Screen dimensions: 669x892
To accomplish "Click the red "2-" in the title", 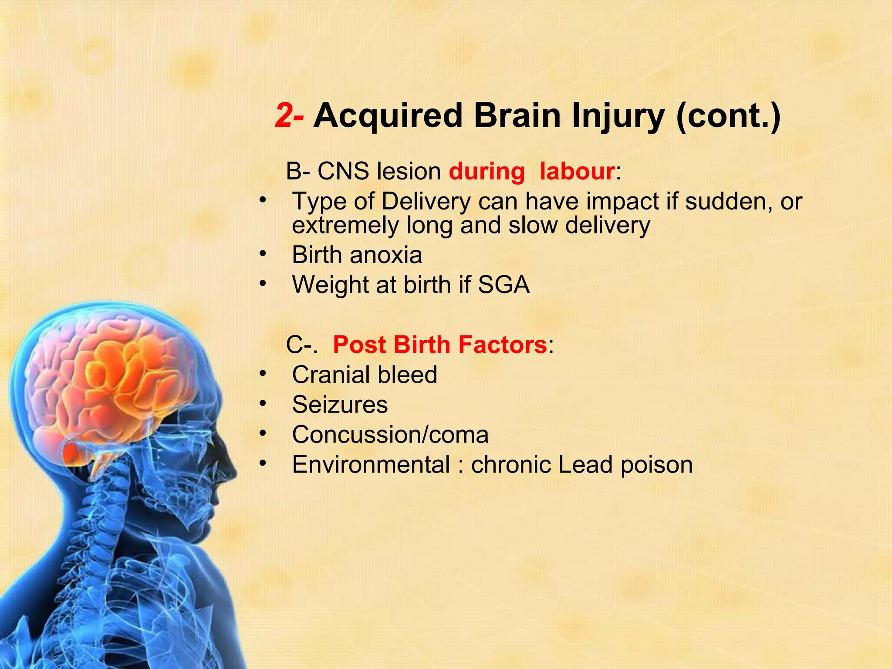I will click(289, 116).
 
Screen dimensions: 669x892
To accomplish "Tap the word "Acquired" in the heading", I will click(388, 116).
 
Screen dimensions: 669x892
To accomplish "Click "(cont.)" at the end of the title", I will click(728, 116).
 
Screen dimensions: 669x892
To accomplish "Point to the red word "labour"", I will click(577, 171).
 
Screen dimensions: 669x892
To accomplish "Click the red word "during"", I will click(487, 171).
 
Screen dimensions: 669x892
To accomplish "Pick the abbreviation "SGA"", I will click(503, 285).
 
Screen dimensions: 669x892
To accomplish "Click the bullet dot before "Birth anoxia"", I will click(262, 254).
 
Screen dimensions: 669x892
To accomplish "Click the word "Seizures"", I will click(340, 405).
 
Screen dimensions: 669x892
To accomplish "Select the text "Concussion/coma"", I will click(390, 435).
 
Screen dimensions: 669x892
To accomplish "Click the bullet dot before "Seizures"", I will click(262, 404).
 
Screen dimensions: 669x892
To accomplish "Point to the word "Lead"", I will click(585, 465).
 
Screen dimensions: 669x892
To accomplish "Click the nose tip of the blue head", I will click(236, 473).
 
